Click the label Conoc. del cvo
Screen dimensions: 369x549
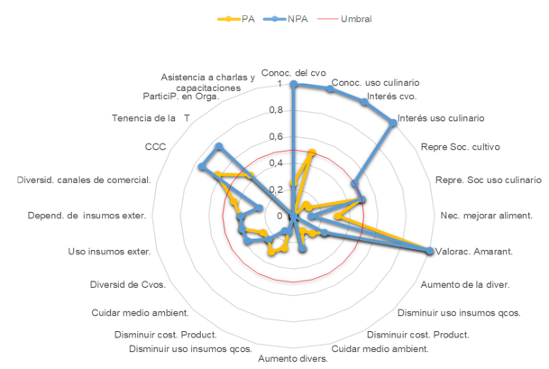293,72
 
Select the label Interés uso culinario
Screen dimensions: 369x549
441,118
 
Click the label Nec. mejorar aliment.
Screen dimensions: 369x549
485,216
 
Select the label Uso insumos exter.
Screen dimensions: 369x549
108,252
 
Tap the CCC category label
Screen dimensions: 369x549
154,146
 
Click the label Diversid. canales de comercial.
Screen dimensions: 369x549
84,180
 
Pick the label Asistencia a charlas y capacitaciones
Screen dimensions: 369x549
208,82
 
